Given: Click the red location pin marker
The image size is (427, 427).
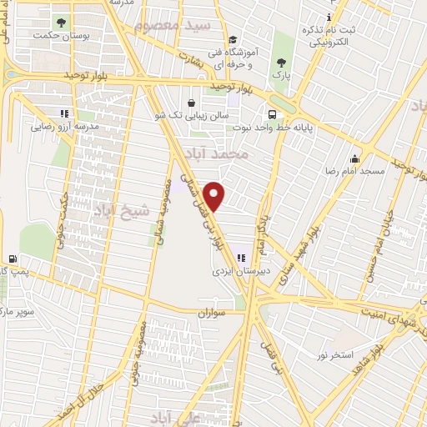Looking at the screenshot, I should coord(214,195).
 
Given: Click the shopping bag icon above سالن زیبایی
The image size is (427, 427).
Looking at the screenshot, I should coord(192,103).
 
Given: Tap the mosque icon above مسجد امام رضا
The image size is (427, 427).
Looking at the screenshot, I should coord(355,158).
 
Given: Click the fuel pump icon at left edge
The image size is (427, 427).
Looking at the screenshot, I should coord(13,259).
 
